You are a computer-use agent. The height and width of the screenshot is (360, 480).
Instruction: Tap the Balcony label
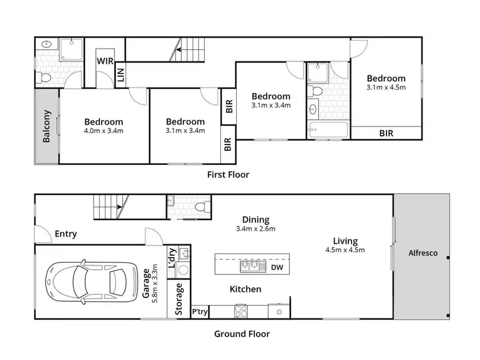pyautogui.click(x=46, y=127)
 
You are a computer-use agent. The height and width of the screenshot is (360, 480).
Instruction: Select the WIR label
pyautogui.click(x=106, y=61)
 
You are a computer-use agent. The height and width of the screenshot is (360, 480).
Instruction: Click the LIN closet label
pyautogui.click(x=120, y=76)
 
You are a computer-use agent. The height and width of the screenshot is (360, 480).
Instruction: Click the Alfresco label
pyautogui.click(x=422, y=253)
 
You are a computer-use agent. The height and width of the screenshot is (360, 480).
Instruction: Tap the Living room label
pyautogui.click(x=345, y=240)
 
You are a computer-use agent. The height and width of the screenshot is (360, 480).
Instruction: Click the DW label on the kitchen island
pyautogui.click(x=276, y=267)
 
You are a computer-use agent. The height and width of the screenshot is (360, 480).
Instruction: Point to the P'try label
pyautogui.click(x=200, y=311)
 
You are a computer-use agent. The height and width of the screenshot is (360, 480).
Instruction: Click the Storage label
pyautogui.click(x=179, y=296)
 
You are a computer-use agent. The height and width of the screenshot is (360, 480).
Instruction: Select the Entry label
pyautogui.click(x=65, y=234)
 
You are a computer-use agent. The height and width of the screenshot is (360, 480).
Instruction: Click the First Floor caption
pyautogui.click(x=228, y=174)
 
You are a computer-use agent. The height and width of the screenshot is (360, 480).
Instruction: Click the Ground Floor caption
pyautogui.click(x=241, y=334)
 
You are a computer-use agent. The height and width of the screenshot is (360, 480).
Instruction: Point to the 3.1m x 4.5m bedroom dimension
pyautogui.click(x=386, y=88)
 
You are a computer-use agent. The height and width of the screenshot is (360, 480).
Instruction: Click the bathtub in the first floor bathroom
pyautogui.click(x=327, y=130)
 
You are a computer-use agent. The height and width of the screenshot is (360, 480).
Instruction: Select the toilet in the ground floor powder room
pyautogui.click(x=200, y=207)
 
